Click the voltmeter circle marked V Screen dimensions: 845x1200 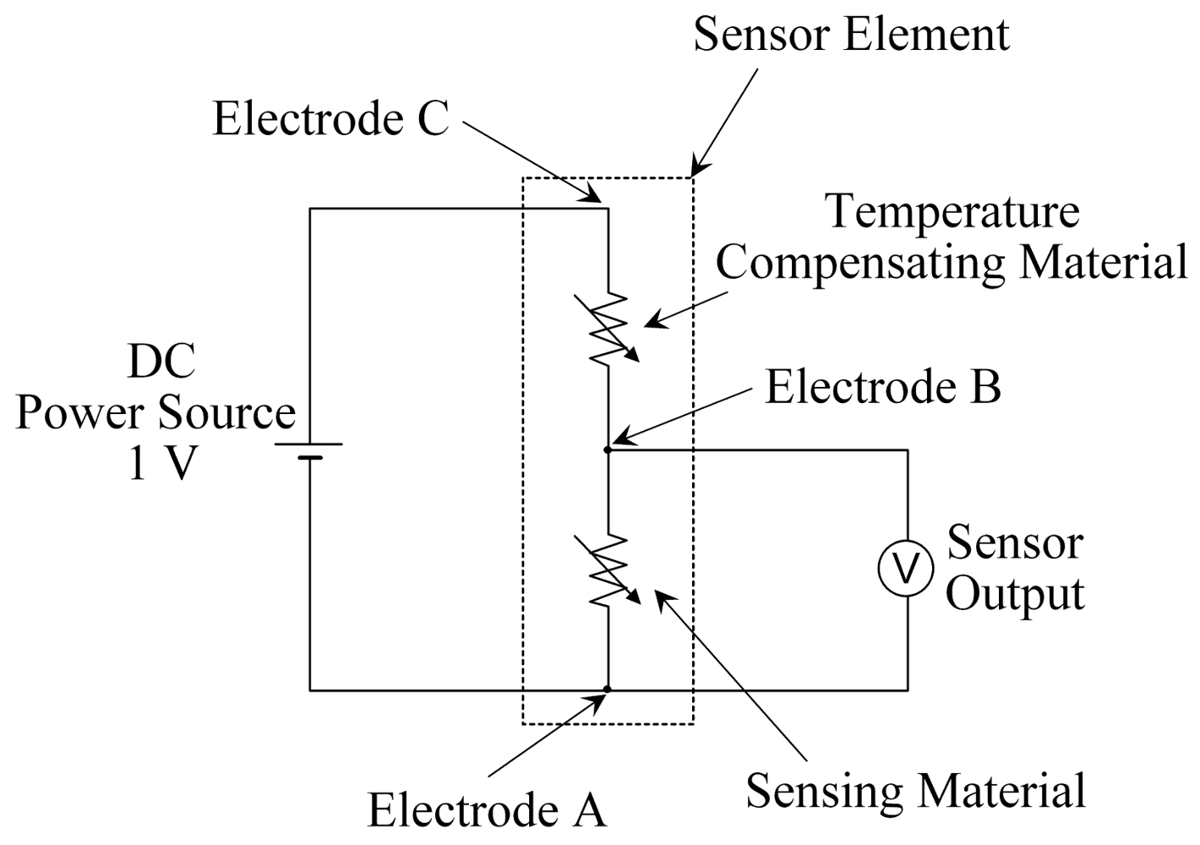click(907, 570)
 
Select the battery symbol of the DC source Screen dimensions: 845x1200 click(309, 451)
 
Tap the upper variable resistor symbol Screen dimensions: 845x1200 click(608, 329)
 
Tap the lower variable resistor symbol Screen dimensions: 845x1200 click(608, 570)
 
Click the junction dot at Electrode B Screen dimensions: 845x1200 click(608, 450)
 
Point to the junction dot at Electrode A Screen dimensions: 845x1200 click(608, 690)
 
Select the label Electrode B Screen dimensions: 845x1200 click(882, 387)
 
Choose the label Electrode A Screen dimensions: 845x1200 click(487, 810)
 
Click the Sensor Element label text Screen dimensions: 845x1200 click(851, 35)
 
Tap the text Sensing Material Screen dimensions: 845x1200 click(915, 791)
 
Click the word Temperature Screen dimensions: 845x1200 click(952, 211)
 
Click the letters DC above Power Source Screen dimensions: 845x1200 click(161, 362)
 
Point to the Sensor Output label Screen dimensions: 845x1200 click(1014, 568)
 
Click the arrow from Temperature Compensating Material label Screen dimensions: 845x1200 click(685, 310)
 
